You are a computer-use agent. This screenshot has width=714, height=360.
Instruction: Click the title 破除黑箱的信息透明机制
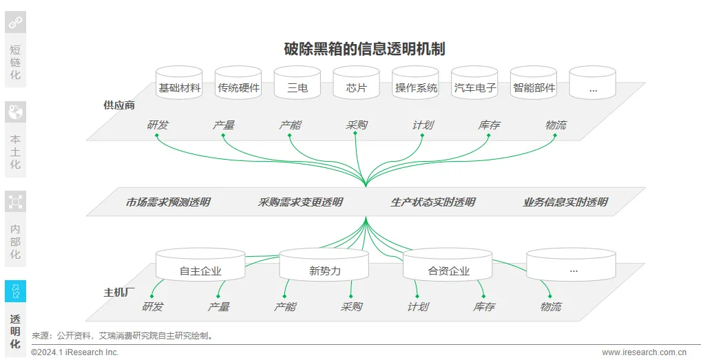pos(364,49)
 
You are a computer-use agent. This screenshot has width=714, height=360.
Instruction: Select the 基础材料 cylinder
pos(179,87)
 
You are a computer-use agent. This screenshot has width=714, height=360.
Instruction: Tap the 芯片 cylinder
pos(356,87)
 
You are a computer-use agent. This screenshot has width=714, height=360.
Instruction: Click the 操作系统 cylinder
pos(416,87)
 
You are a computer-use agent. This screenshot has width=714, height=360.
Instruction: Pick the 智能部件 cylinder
pos(534,87)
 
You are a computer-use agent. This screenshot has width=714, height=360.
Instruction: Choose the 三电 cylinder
pos(297,87)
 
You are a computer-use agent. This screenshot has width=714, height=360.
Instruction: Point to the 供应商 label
pos(119,105)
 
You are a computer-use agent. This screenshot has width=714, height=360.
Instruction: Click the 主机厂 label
pos(119,293)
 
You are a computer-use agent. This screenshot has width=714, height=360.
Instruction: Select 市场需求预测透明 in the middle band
pos(168,202)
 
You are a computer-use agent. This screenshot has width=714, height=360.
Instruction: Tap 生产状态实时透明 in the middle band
pos(433,202)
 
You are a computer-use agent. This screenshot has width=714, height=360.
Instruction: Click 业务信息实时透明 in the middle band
pos(565,202)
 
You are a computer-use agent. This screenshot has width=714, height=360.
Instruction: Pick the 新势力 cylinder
pos(324,271)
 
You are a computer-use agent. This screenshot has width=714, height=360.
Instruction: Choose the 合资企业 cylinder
pos(448,271)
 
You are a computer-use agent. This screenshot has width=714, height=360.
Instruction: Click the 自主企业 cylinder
pos(200,271)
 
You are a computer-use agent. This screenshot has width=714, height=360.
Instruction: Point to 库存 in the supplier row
pos(489,125)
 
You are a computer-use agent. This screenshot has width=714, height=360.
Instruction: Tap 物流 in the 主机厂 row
pos(551,307)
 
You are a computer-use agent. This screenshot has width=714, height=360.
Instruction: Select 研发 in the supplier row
pos(158,125)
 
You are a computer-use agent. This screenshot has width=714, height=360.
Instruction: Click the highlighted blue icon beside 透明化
pos(15,291)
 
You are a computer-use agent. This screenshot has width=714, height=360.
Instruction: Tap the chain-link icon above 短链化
pos(15,23)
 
